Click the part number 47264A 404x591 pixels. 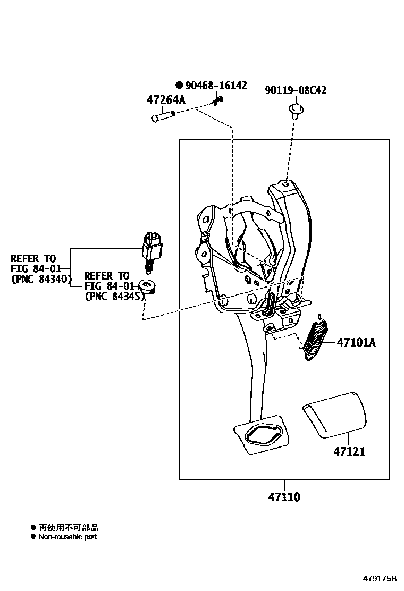166,100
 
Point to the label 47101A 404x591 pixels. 356,343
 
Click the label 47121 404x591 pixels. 349,452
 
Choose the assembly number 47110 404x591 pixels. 284,497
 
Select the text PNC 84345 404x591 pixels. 115,296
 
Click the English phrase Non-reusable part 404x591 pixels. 68,537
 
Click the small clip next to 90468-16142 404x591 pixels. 218,99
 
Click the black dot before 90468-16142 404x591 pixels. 179,86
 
